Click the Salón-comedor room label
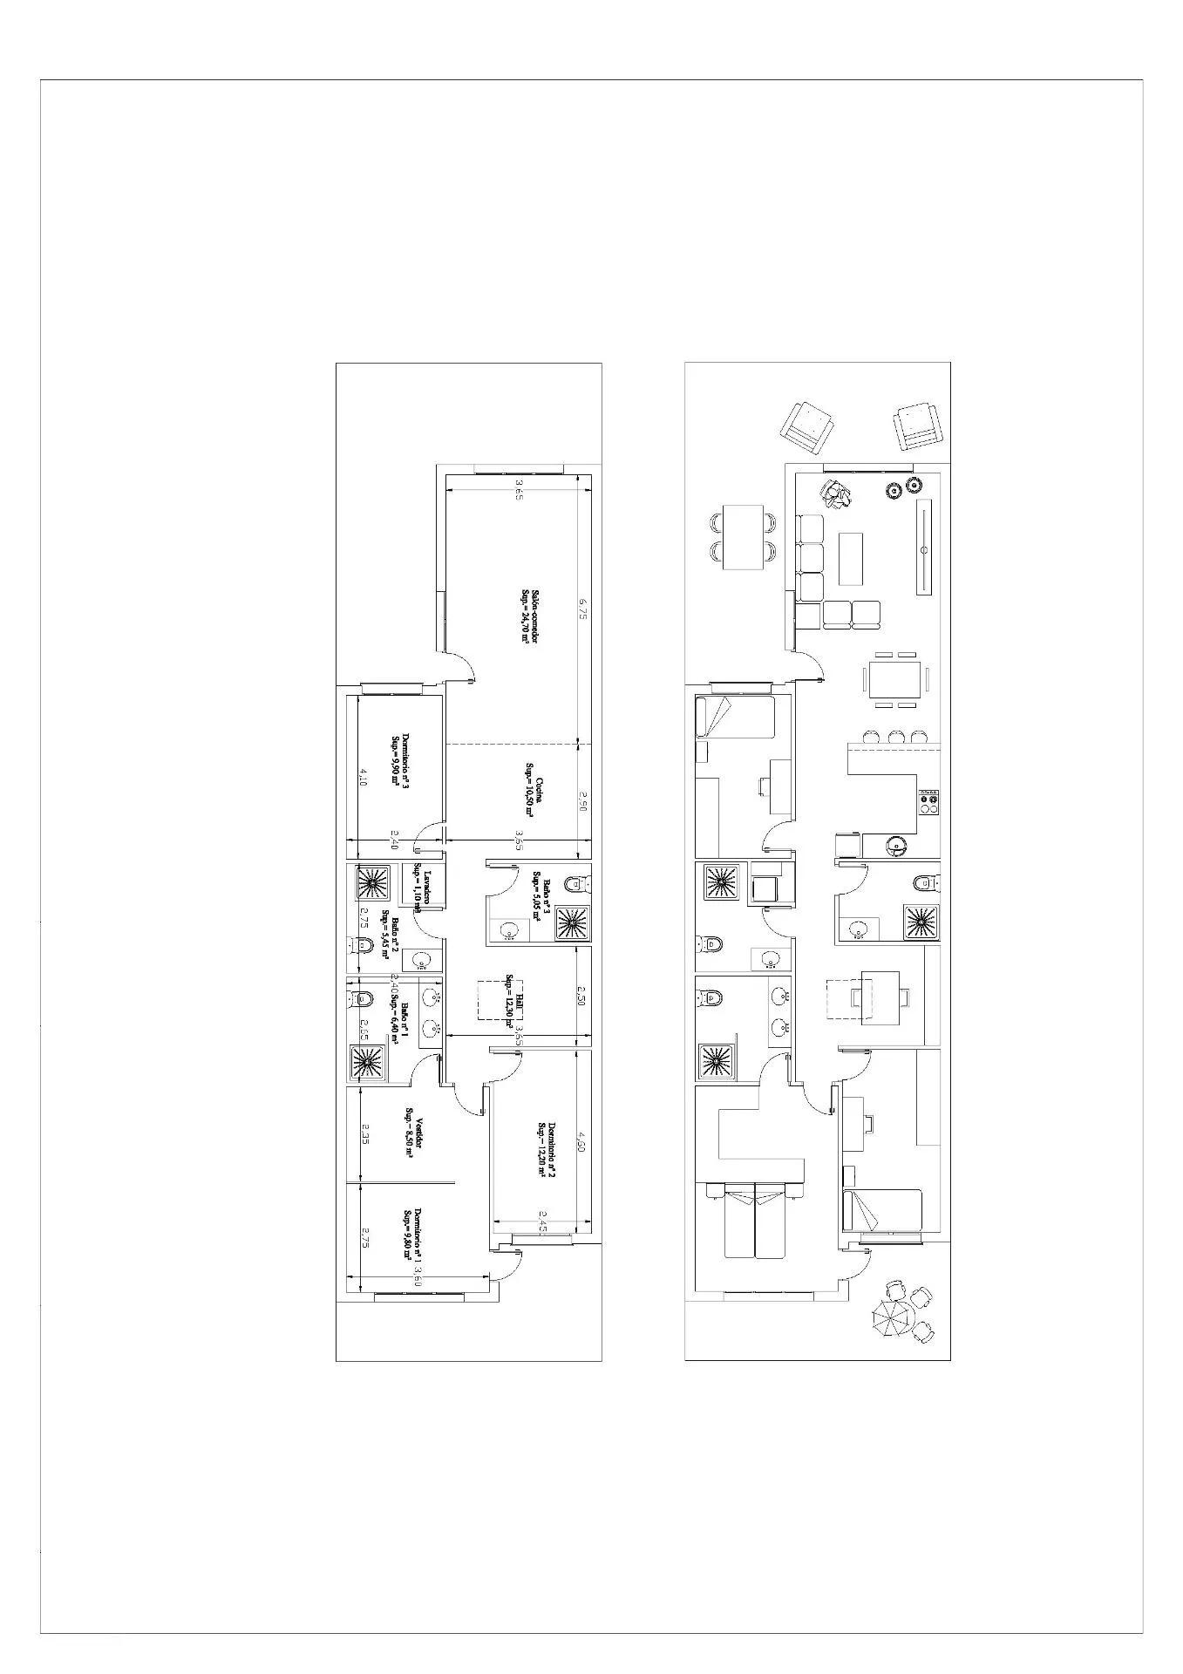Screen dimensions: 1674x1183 click(526, 614)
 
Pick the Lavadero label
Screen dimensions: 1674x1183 click(422, 888)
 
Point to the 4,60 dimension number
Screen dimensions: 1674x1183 click(581, 1141)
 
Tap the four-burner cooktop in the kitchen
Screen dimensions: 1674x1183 click(928, 801)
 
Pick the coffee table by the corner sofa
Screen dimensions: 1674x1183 click(851, 558)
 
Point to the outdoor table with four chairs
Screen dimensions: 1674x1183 click(743, 536)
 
